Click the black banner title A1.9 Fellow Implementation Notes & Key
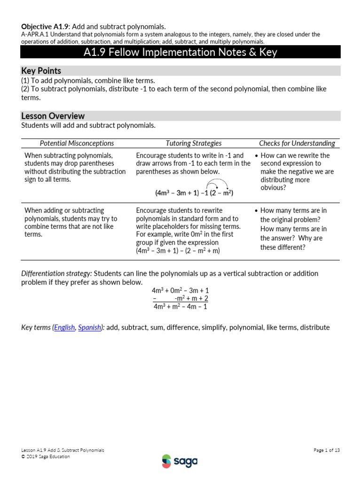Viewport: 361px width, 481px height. point(180,52)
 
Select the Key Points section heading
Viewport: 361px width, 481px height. point(41,71)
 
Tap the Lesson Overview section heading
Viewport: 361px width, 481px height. point(53,116)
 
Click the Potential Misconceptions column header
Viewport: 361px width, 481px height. point(77,143)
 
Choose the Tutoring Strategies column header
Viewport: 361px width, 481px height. point(193,143)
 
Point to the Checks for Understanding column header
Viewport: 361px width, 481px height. point(297,143)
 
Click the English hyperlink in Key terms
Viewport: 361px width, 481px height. point(64,327)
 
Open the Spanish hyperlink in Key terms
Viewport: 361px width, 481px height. point(89,327)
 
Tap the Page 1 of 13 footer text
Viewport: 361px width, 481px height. point(326,450)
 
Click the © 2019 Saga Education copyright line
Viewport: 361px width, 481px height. point(46,457)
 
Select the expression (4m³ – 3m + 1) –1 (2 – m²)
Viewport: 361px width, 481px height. point(194,193)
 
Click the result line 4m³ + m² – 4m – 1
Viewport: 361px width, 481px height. point(180,307)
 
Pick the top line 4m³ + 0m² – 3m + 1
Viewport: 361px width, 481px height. point(180,290)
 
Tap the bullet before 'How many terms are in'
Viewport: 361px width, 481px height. point(255,211)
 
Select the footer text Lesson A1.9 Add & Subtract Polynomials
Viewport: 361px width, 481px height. point(63,450)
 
